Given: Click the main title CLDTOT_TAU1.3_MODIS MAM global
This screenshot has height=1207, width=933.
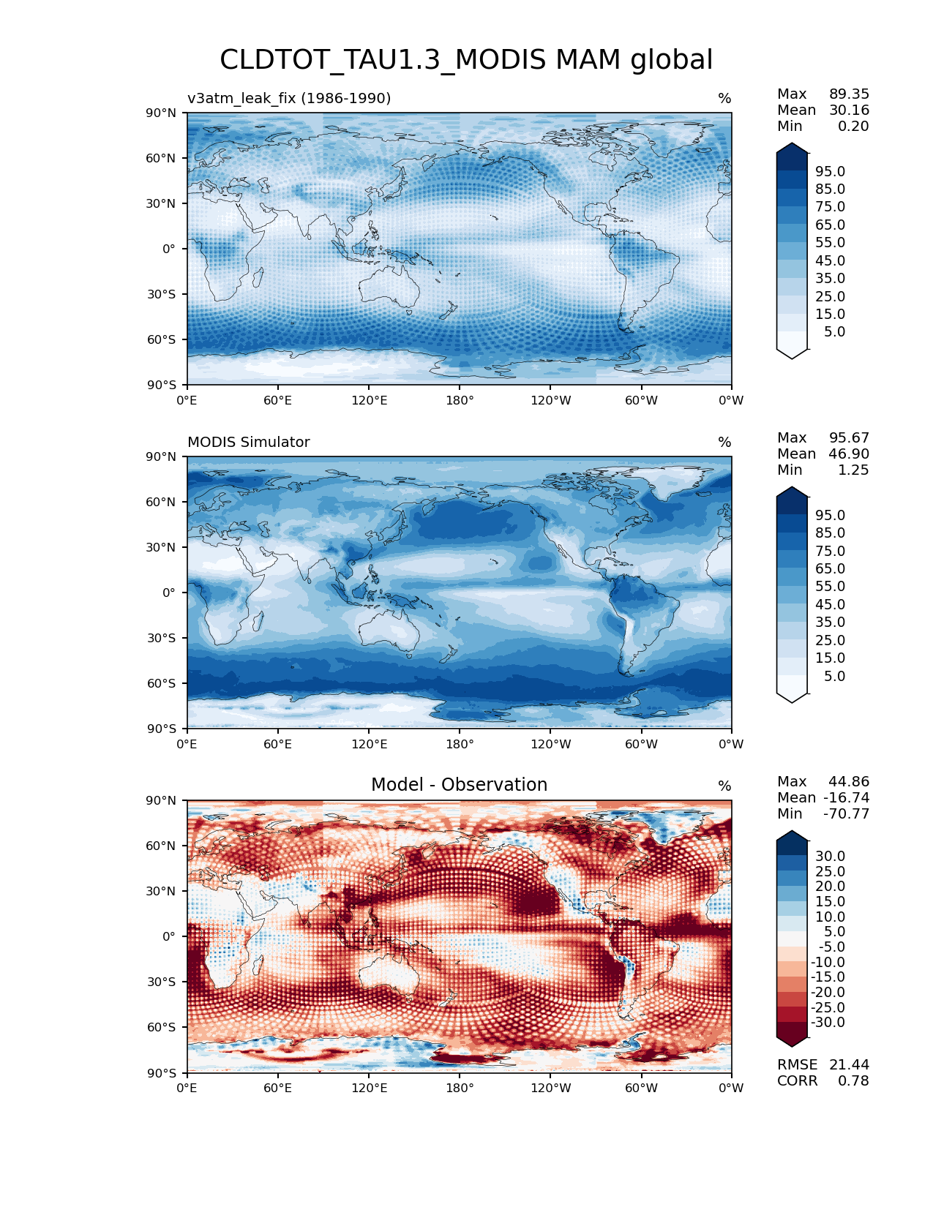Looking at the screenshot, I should click(466, 60).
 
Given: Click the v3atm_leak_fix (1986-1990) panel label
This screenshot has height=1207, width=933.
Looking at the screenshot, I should click(289, 98).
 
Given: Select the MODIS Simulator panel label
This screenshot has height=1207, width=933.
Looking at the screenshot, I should click(249, 442).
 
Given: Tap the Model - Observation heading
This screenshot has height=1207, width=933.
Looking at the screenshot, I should click(459, 785).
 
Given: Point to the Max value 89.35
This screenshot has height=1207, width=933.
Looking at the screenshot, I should click(849, 94).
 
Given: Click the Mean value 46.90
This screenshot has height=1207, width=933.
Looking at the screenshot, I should click(849, 454).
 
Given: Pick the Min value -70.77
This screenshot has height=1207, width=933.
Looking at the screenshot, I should click(847, 813).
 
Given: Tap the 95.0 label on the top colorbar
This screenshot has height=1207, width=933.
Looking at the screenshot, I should click(830, 171).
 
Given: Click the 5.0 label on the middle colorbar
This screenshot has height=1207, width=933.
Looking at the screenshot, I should click(834, 676).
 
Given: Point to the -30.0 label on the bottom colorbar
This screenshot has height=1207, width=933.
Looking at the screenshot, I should click(828, 1022).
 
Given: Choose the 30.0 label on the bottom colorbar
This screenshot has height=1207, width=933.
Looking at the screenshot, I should click(830, 856).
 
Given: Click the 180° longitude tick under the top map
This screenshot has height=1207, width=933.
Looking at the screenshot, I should click(460, 400).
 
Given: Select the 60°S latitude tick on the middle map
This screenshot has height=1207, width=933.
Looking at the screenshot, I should click(162, 683).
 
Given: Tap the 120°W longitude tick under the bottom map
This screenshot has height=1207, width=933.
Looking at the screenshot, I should click(551, 1088).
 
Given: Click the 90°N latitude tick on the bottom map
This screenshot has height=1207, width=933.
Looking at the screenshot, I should click(162, 800).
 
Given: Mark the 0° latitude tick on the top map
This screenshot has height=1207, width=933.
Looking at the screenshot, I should click(169, 249).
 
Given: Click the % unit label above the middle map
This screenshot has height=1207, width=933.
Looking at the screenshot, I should click(724, 442).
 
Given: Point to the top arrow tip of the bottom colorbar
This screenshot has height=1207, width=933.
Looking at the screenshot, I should click(793, 832).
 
